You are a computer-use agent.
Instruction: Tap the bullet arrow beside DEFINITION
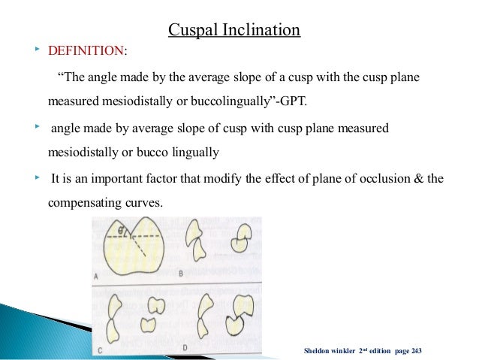pos(37,50)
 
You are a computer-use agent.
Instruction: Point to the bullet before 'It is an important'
pos(37,178)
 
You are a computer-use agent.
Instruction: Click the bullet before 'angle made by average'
pos(37,128)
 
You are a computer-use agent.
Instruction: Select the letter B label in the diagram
pos(180,274)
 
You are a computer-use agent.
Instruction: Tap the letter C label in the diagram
pos(98,348)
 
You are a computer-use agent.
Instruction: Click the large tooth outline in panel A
pos(135,248)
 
